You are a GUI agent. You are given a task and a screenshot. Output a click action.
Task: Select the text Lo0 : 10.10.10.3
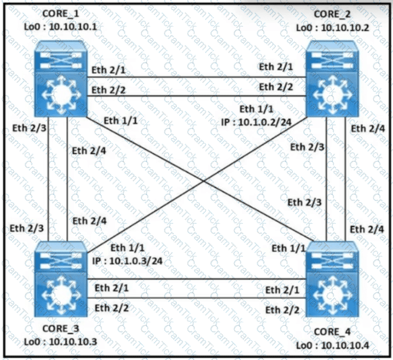point(60,341)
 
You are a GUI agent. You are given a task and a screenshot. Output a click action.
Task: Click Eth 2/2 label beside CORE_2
point(275,87)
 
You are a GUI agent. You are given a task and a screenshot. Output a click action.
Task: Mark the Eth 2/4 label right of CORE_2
point(366,129)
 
